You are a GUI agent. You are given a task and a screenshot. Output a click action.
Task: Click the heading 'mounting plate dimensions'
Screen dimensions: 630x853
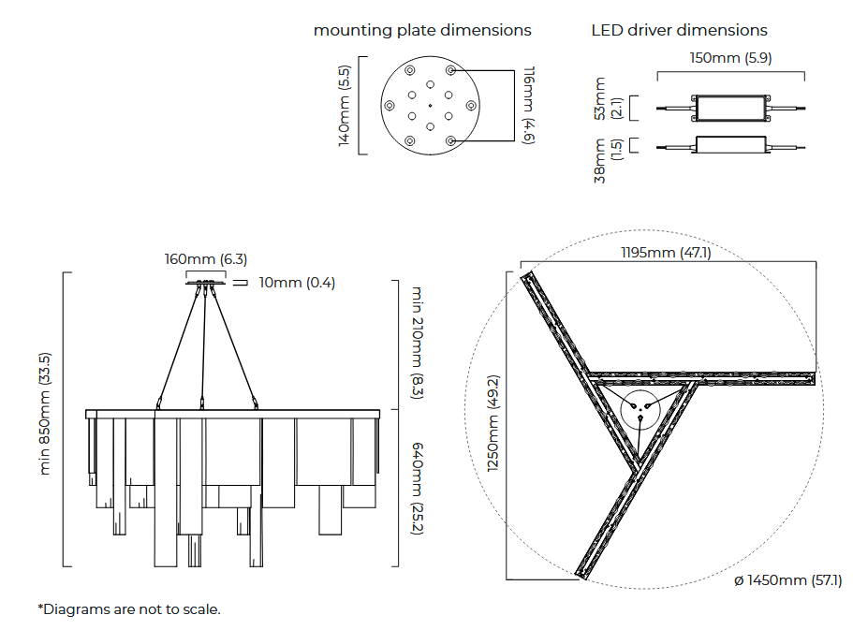click(x=422, y=30)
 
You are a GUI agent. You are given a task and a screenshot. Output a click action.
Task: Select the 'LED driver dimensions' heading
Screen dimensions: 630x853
click(x=679, y=30)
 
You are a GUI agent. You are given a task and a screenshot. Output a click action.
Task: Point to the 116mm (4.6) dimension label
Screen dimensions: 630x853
click(x=529, y=105)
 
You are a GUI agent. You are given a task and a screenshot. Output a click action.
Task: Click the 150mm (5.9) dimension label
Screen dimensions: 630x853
click(x=730, y=58)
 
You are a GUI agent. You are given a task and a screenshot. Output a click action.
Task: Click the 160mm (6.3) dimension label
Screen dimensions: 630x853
click(x=206, y=259)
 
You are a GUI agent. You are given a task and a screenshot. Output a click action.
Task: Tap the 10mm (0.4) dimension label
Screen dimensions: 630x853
click(x=297, y=282)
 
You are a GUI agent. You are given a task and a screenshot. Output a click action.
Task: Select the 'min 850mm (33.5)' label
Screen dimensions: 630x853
click(x=45, y=414)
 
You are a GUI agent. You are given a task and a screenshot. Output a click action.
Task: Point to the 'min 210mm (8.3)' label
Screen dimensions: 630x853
click(x=418, y=342)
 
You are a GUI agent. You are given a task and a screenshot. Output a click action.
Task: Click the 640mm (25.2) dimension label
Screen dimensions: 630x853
click(x=418, y=489)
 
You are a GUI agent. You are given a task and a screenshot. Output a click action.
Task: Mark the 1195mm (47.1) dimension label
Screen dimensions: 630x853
click(x=666, y=253)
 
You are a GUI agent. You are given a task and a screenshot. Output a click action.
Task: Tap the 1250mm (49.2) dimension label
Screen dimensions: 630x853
click(x=493, y=423)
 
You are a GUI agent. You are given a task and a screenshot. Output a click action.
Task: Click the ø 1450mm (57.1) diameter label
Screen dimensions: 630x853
click(x=787, y=581)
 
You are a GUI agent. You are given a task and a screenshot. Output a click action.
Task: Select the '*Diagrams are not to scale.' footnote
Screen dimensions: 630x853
click(x=129, y=609)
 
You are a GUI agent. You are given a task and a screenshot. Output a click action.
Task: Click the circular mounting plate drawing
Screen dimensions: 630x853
click(x=430, y=106)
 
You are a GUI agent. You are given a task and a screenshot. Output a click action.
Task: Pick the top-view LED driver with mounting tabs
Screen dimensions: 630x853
click(x=730, y=108)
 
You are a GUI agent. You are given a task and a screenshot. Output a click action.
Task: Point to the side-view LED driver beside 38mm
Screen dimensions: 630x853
click(x=730, y=145)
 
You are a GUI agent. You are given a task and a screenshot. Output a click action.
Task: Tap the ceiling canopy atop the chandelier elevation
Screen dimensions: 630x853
click(x=206, y=279)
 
